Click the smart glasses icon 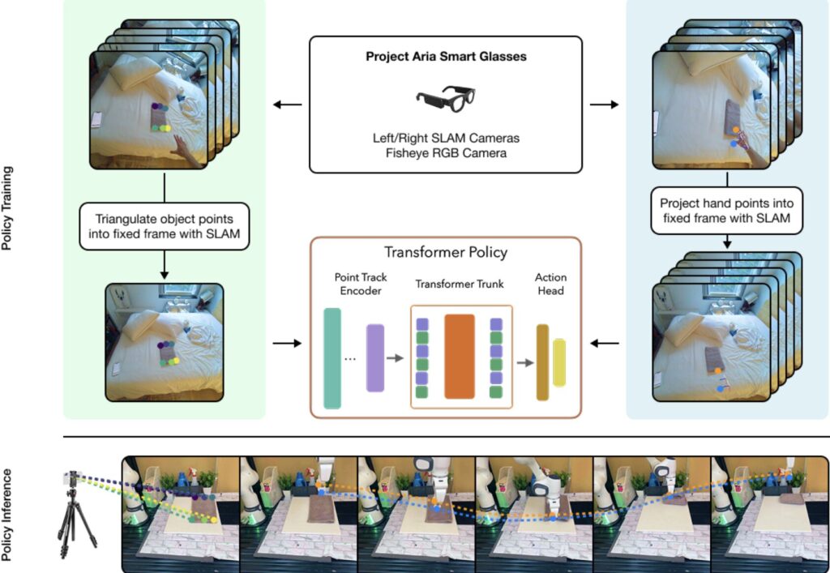tap(446, 98)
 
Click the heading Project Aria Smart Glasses tap(447, 57)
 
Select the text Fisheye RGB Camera tap(447, 153)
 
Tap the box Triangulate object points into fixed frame tap(164, 226)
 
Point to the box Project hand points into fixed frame tap(727, 211)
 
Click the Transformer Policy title tap(446, 252)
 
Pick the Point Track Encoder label tap(361, 284)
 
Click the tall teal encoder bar tap(332, 358)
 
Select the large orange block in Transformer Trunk tap(460, 357)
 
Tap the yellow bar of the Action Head tap(559, 362)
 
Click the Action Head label tap(550, 284)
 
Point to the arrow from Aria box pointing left tap(288, 105)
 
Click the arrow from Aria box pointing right tap(604, 105)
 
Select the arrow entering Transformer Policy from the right tap(605, 344)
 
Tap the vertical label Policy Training tap(6, 208)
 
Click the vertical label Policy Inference tap(6, 515)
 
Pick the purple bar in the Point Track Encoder tap(374, 358)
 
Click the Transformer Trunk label tap(460, 284)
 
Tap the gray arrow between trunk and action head tap(525, 363)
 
